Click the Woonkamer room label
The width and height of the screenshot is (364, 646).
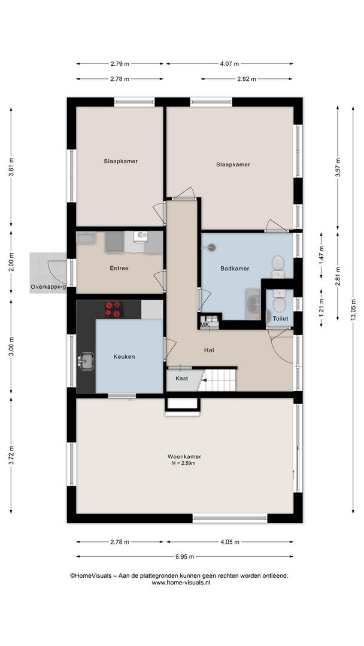pyautogui.click(x=184, y=456)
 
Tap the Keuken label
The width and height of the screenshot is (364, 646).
pyautogui.click(x=124, y=356)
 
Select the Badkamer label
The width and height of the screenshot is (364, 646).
pyautogui.click(x=235, y=268)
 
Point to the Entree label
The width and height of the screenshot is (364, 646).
pyautogui.click(x=119, y=268)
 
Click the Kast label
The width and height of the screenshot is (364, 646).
pyautogui.click(x=182, y=378)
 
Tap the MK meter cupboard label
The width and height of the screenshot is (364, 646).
pyautogui.click(x=205, y=325)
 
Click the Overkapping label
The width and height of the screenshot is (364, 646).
pyautogui.click(x=48, y=287)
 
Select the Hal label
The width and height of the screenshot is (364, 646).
pyautogui.click(x=208, y=351)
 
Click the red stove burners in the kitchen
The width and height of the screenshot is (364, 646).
pyautogui.click(x=114, y=309)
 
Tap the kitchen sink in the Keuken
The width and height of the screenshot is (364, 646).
pyautogui.click(x=86, y=361)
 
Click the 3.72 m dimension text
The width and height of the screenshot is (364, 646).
pyautogui.click(x=11, y=456)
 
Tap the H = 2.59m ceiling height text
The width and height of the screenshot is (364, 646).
pyautogui.click(x=184, y=463)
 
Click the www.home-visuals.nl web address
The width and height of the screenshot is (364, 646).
pyautogui.click(x=181, y=583)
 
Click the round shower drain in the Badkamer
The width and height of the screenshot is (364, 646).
pyautogui.click(x=211, y=248)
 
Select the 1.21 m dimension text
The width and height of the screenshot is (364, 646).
pyautogui.click(x=321, y=308)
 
